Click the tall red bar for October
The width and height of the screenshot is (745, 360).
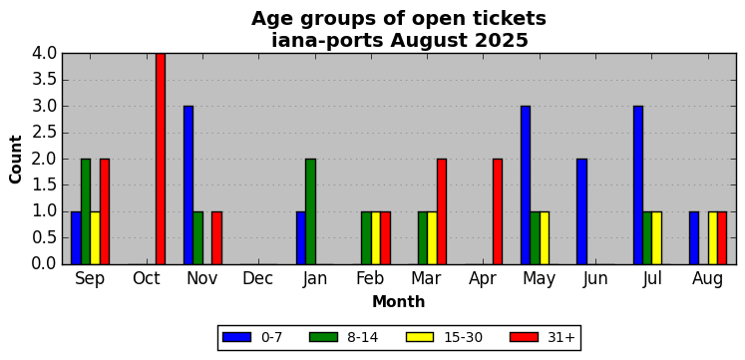point(161,159)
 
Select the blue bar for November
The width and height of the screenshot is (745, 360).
point(188,185)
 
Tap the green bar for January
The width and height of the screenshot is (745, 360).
point(310,211)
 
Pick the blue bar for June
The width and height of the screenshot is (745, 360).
point(581,211)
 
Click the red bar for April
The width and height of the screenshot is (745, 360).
point(498,211)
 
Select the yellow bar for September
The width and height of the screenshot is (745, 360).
point(95,238)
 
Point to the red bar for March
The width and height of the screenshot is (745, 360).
point(442,211)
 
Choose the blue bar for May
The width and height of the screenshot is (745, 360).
point(526,185)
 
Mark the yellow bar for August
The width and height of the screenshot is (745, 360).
point(713,238)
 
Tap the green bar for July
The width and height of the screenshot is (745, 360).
point(647,238)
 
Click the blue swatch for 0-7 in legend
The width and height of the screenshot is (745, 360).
point(236,337)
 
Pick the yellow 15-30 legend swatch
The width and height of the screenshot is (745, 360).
point(420,337)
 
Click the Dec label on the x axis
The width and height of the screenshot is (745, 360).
point(258,279)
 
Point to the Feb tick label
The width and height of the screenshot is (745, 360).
point(371,279)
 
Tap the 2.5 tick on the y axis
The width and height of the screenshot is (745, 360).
point(45,133)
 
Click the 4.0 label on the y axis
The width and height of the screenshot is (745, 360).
point(45,53)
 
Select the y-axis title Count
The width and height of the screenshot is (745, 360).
point(16,160)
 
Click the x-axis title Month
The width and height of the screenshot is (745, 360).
point(399,301)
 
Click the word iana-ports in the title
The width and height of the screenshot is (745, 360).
point(327,41)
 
